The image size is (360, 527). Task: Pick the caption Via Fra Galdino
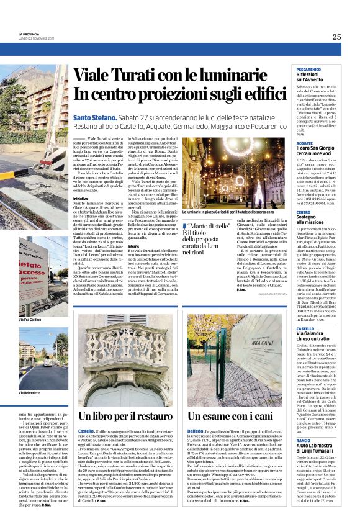pyautogui.click(x=29, y=319)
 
